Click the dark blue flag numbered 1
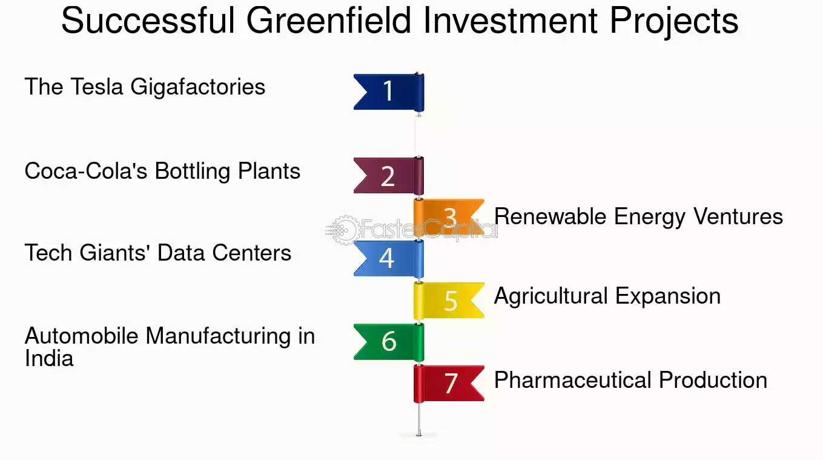(x=389, y=92)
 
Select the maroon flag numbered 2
(x=389, y=176)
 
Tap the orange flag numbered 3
(x=449, y=218)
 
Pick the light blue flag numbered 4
(x=389, y=259)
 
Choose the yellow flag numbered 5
(x=449, y=301)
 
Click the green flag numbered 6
(x=389, y=342)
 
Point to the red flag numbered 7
(x=449, y=384)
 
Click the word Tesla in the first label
(x=97, y=87)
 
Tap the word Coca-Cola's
(x=86, y=171)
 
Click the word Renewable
(x=550, y=216)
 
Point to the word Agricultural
(x=550, y=297)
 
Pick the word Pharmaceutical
(x=573, y=380)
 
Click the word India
(x=49, y=358)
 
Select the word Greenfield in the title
(x=328, y=21)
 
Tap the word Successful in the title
(x=148, y=21)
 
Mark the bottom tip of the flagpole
(x=419, y=436)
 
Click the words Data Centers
(x=224, y=253)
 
